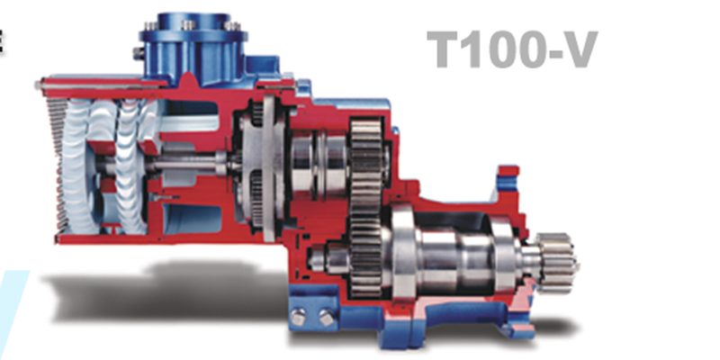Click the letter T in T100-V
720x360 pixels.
[x=445, y=49]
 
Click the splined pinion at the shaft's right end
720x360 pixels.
[x=556, y=263]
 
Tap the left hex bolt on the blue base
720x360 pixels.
[x=299, y=317]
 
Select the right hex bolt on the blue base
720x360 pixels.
[x=326, y=318]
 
